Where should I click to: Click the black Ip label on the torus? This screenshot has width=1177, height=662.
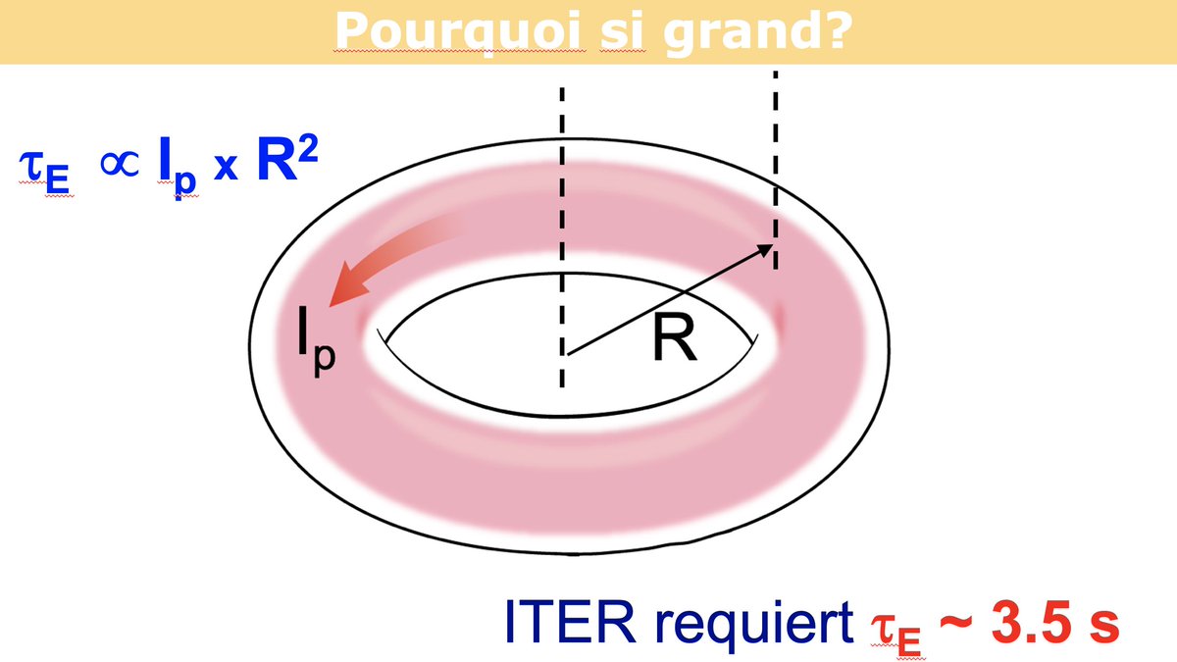click(316, 340)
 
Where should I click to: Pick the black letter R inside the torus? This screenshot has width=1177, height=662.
click(673, 339)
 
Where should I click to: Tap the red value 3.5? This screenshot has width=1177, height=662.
click(1033, 620)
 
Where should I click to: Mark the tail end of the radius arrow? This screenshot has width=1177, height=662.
click(566, 352)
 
